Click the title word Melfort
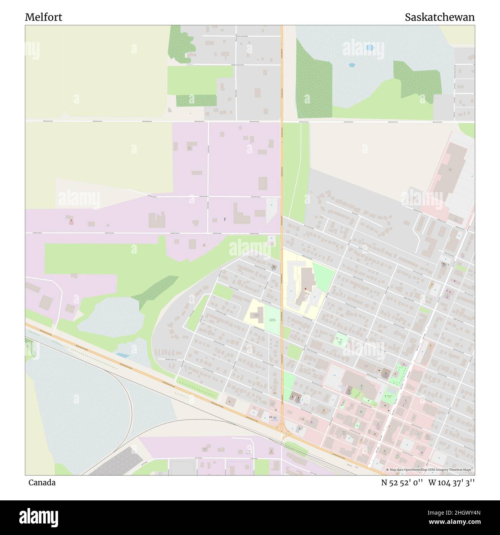tap(43, 17)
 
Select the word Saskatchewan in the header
tap(439, 17)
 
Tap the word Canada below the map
tap(42, 483)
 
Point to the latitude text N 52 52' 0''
tap(402, 483)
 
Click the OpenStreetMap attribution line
tap(430, 470)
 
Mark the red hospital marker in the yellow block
tap(305, 288)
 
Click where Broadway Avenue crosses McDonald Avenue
tap(282, 122)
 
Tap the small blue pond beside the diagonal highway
tap(123, 354)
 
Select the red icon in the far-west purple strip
tap(71, 220)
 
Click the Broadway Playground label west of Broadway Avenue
tap(272, 319)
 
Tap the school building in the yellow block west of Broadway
tap(255, 316)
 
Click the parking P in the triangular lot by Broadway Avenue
tap(271, 205)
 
